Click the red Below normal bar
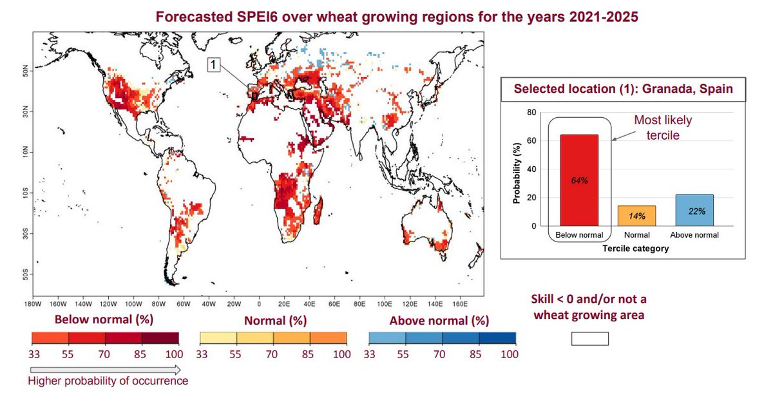coord(578,180)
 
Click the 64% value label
coord(578,180)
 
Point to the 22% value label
coord(694,211)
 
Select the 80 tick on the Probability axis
coord(532,113)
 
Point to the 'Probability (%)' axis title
coord(517,169)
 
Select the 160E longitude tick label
coord(459,303)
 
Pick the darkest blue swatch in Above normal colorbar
coord(497,337)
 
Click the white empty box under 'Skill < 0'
coord(589,339)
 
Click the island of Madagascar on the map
coord(317,213)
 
